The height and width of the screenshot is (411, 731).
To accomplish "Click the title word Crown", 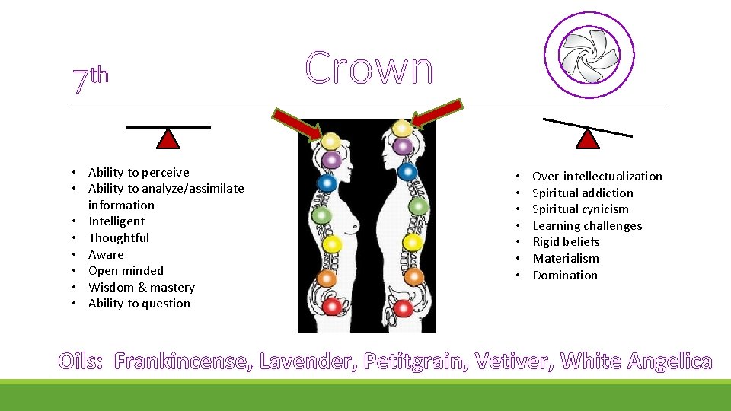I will [x=369, y=68].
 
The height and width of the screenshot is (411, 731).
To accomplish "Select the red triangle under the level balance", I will [x=168, y=139].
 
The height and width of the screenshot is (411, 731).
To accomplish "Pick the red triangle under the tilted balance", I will [x=588, y=139].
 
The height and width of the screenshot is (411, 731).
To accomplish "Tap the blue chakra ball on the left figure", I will [x=327, y=183].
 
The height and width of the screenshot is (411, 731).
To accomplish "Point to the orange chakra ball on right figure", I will [x=413, y=277].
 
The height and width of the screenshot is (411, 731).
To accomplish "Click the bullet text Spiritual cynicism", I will [x=580, y=209].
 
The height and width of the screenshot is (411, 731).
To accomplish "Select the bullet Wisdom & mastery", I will [x=141, y=288].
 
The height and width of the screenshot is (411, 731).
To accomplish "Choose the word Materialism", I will [x=565, y=259].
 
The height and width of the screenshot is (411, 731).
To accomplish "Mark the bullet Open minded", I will [x=126, y=271].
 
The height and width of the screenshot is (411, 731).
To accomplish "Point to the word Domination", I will [x=564, y=276].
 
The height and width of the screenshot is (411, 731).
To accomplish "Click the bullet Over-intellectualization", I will [x=597, y=177].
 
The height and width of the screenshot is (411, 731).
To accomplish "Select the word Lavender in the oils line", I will [x=307, y=362].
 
